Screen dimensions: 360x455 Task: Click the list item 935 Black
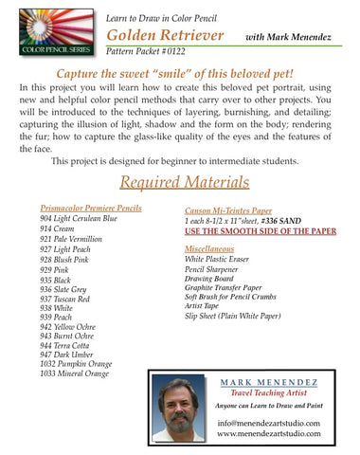coord(58,282)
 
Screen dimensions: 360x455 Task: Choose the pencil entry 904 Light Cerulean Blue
coord(79,218)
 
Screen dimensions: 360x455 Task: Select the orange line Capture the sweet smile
coord(180,73)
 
